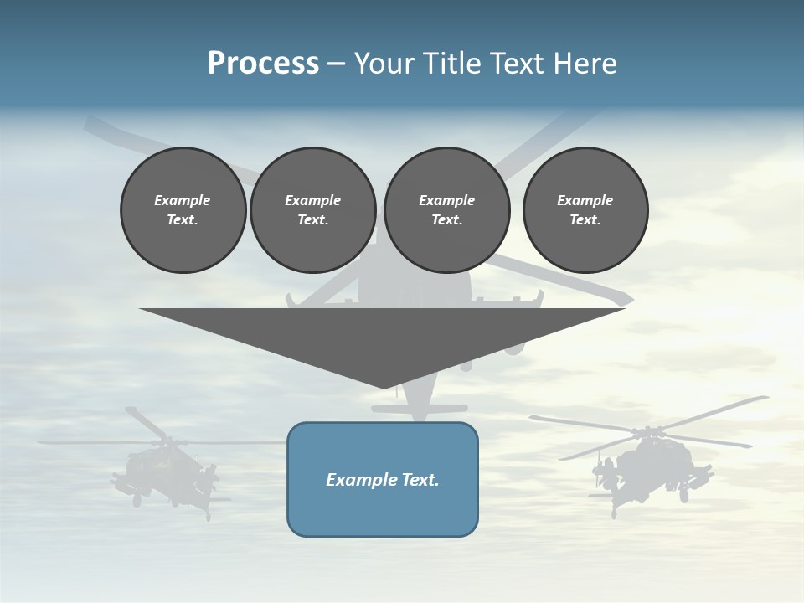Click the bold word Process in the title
click(263, 64)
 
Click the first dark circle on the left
click(183, 209)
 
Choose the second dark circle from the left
click(312, 209)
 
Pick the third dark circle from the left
click(446, 209)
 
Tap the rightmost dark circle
click(585, 209)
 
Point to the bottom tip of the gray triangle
click(384, 387)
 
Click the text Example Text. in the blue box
click(382, 480)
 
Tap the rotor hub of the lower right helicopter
click(647, 433)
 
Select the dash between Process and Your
click(336, 64)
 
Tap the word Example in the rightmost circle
click(585, 200)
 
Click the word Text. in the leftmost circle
click(183, 219)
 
